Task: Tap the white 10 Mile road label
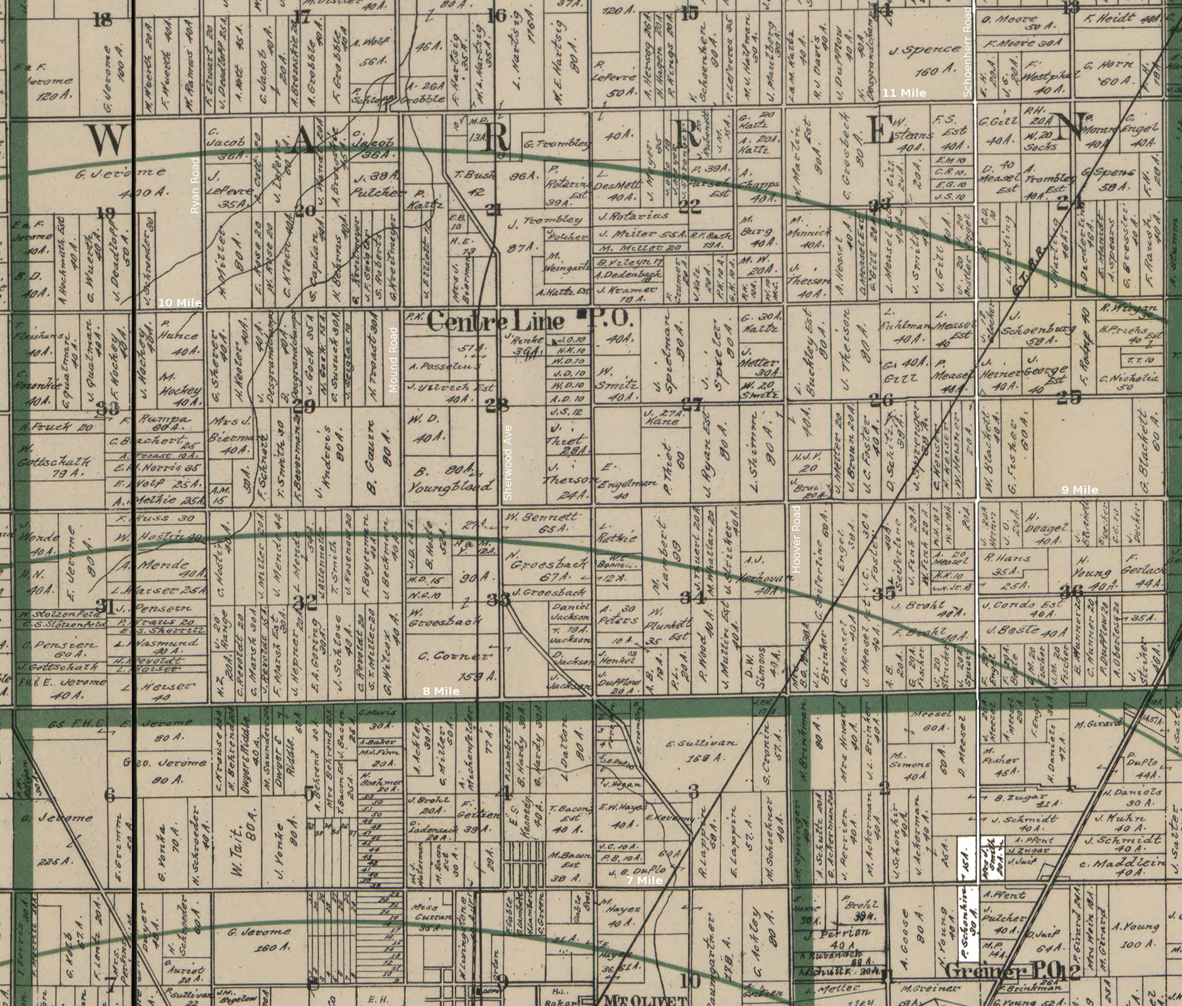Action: click(x=180, y=303)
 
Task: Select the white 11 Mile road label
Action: click(x=904, y=93)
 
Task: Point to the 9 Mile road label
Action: click(x=1080, y=490)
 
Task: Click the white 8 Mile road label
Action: click(x=441, y=691)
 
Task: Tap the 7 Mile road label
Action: click(x=645, y=880)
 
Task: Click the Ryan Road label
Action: click(x=195, y=185)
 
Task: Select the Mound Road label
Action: click(x=394, y=360)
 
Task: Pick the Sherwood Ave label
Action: click(x=508, y=462)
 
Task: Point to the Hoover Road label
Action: click(x=797, y=539)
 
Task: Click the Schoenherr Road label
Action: click(x=968, y=52)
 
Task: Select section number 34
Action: click(x=692, y=597)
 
